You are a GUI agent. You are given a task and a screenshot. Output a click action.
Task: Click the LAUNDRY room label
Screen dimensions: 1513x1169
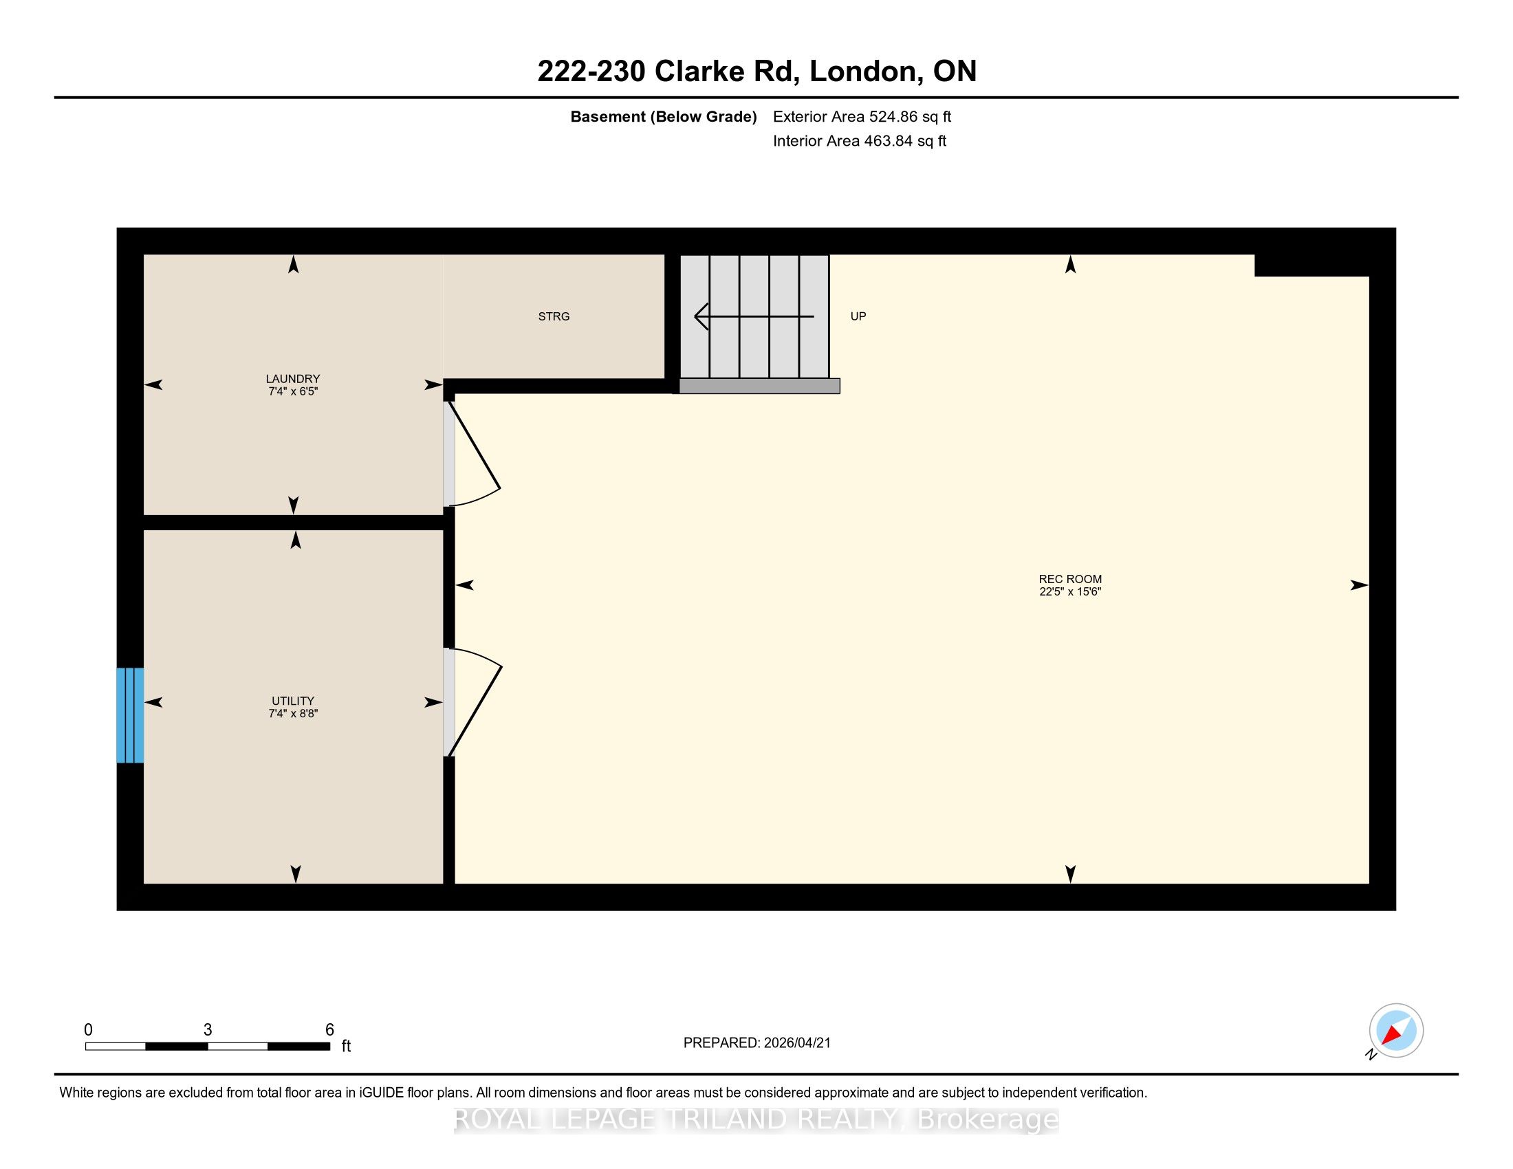(293, 379)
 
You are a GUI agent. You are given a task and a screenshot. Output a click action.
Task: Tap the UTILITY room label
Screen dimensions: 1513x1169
(293, 701)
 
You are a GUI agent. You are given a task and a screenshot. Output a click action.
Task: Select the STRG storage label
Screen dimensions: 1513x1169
(554, 316)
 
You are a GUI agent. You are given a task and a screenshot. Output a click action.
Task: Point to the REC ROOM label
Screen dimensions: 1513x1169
(1069, 579)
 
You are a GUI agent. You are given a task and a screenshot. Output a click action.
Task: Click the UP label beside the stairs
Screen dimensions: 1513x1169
(858, 316)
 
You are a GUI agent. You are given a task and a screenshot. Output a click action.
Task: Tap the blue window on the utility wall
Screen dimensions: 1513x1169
(130, 714)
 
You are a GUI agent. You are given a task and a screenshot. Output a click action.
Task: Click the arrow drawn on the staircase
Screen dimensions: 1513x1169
(754, 316)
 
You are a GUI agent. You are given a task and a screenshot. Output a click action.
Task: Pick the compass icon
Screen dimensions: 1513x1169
(1395, 1030)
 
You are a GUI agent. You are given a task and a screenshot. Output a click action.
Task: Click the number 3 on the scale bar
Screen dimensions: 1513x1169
(207, 1030)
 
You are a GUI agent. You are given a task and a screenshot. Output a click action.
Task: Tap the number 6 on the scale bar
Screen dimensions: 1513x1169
(329, 1030)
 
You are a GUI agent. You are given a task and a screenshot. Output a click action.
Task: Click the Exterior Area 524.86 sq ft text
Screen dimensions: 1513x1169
(862, 117)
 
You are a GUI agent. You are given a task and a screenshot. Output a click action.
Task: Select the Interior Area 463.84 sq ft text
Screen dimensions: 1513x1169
(859, 141)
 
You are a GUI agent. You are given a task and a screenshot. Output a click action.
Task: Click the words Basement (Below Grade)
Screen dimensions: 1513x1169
(663, 117)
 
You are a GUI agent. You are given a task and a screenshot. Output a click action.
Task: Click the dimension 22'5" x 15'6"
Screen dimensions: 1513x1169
(1069, 591)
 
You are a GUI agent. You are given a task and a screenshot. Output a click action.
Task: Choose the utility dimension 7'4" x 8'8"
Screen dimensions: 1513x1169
(293, 713)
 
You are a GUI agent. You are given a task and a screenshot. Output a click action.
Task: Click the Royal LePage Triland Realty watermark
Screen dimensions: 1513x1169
(756, 1119)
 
